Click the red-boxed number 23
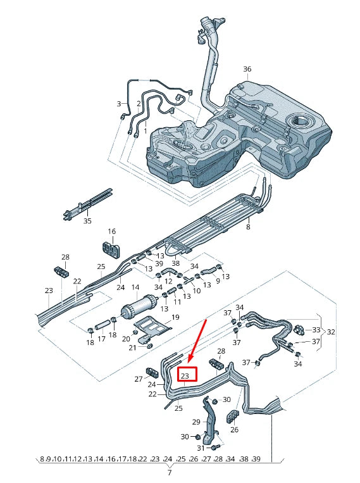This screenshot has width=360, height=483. click(x=186, y=375)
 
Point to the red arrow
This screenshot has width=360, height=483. click(x=198, y=342)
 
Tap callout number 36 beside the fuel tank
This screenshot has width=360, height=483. click(x=247, y=69)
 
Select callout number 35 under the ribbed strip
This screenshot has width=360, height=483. click(x=87, y=221)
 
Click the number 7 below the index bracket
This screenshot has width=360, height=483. click(x=169, y=472)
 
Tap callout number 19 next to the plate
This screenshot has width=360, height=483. click(x=176, y=317)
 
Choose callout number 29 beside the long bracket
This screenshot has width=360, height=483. click(x=196, y=422)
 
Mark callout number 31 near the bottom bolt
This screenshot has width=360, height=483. click(x=202, y=449)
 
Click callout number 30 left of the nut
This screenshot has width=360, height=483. click(x=185, y=437)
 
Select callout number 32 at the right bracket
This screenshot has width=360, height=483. click(x=330, y=331)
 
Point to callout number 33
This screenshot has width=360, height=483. click(x=316, y=330)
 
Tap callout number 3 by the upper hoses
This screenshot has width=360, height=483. click(x=118, y=104)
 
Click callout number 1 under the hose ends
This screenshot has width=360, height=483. click(x=145, y=130)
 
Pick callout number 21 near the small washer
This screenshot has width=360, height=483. click(x=133, y=348)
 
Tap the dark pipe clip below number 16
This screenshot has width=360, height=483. click(x=111, y=249)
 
